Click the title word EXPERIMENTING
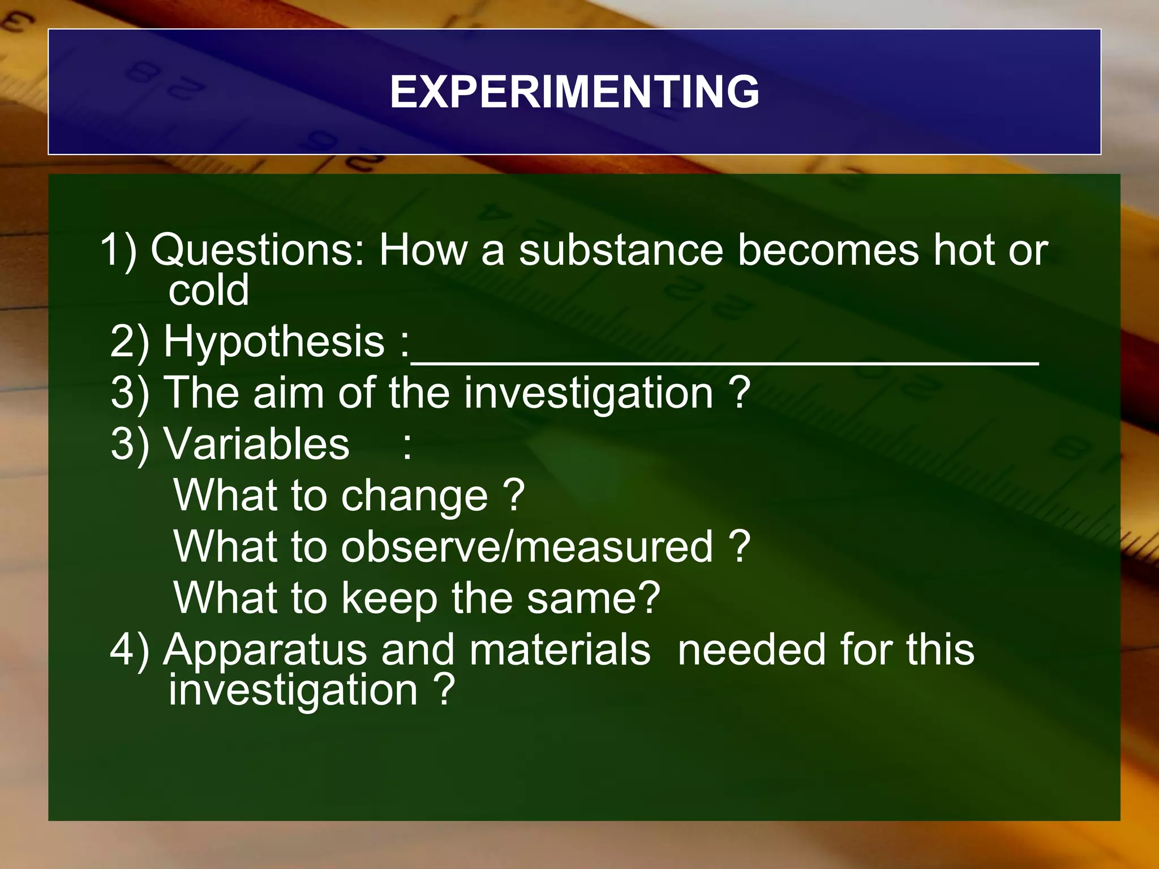click(x=574, y=92)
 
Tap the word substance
click(x=621, y=251)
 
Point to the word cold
click(x=208, y=290)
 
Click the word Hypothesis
click(x=274, y=342)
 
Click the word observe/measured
click(x=527, y=547)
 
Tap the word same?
click(x=593, y=599)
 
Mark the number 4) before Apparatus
click(x=129, y=650)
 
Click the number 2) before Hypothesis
click(x=130, y=342)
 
